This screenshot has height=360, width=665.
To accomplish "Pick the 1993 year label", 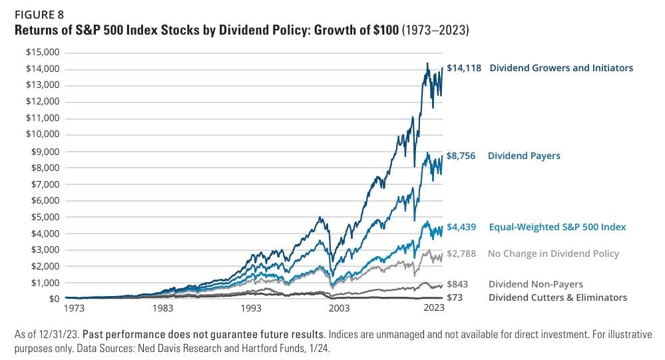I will (x=252, y=309).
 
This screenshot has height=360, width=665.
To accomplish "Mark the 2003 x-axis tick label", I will (x=338, y=309).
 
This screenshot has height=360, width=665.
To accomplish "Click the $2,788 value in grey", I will (x=461, y=254).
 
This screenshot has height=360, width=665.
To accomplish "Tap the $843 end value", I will (x=459, y=284).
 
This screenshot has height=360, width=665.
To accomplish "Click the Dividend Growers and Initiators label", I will (x=561, y=68).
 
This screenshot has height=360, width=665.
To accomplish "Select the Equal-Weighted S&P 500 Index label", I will (x=557, y=227).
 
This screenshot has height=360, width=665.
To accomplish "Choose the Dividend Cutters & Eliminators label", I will (x=557, y=297).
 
